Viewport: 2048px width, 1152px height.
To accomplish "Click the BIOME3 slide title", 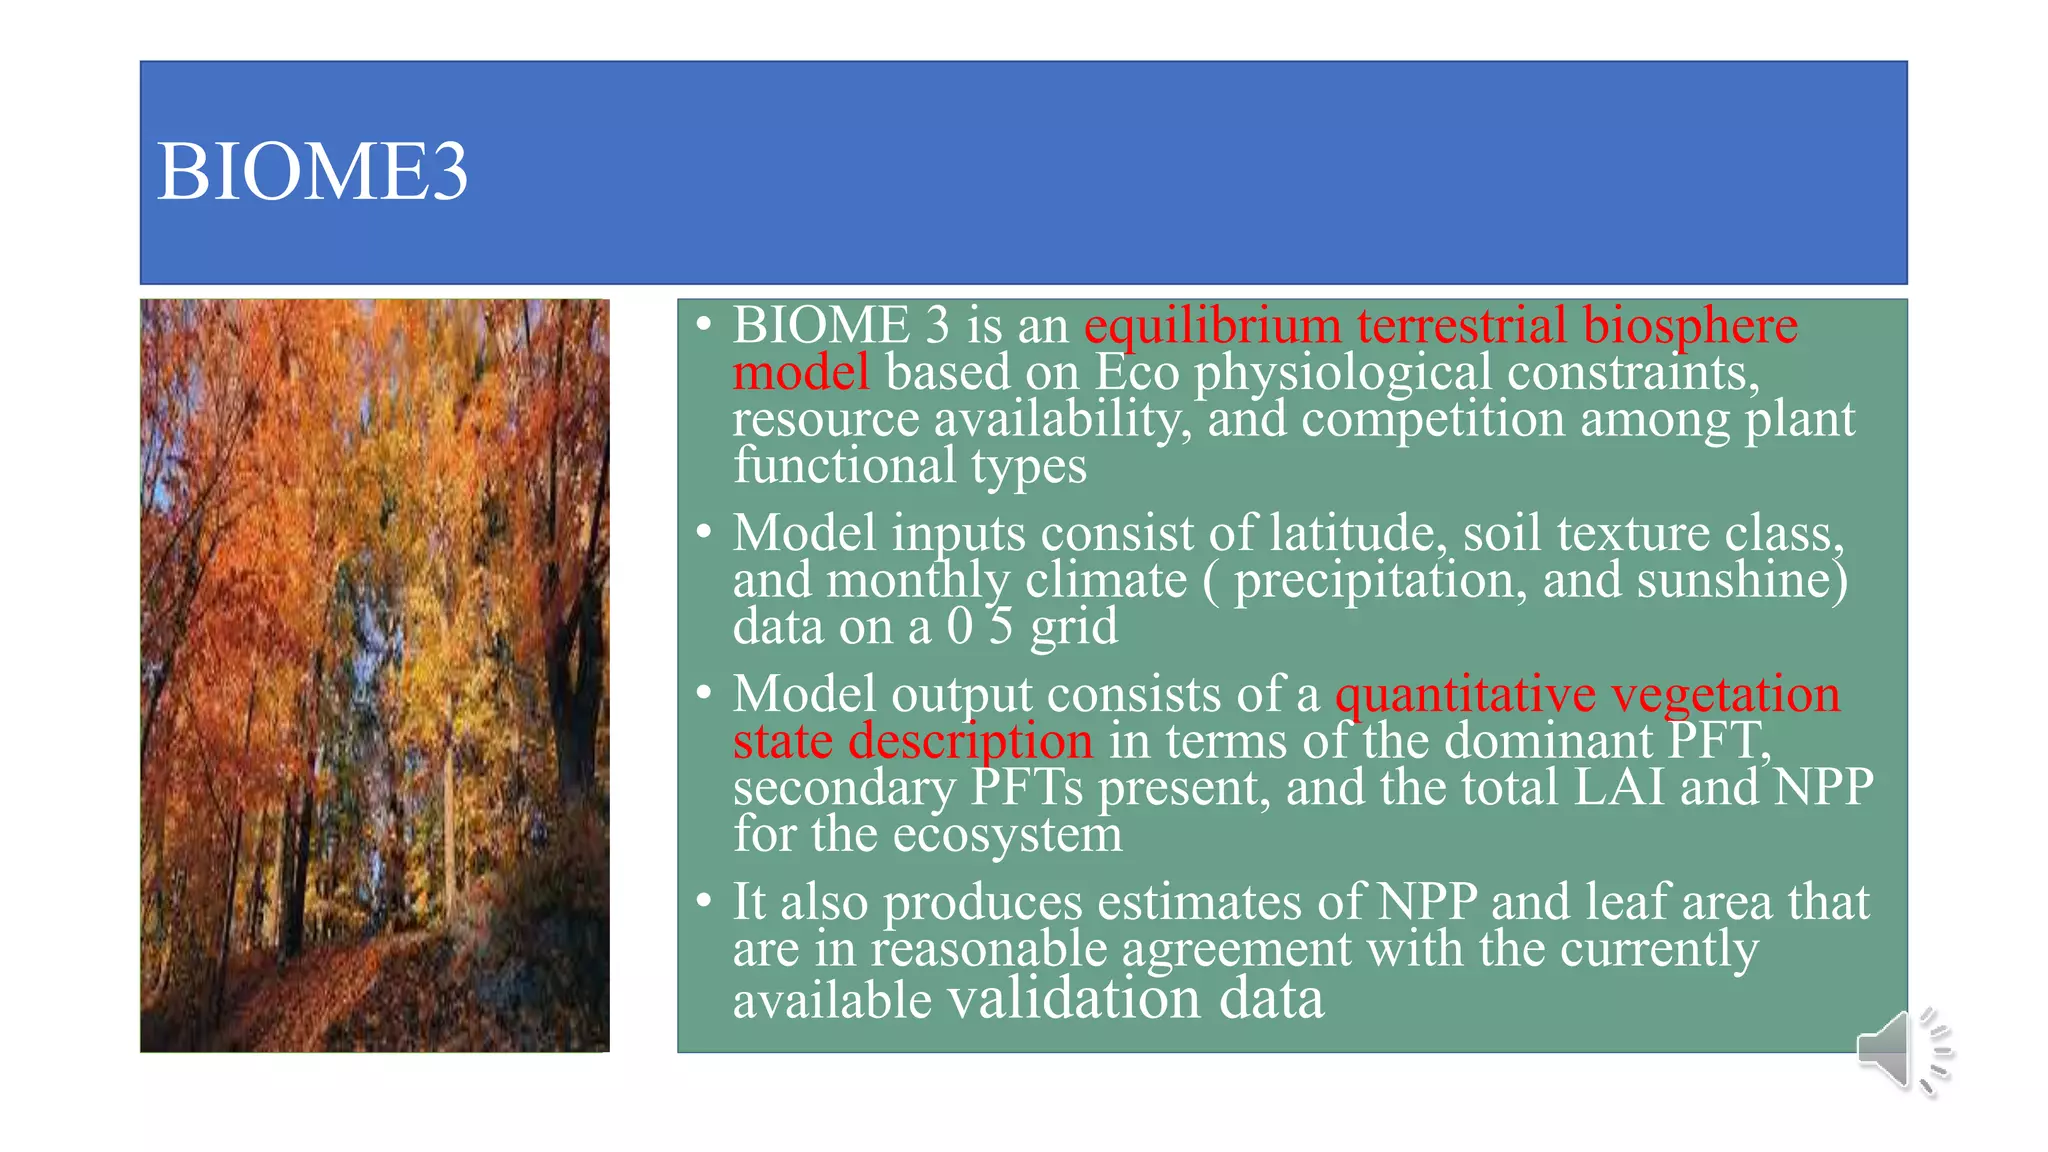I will tap(312, 172).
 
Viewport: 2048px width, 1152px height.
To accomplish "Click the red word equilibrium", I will tap(1212, 326).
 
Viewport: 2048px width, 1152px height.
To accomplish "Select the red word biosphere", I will tap(1690, 326).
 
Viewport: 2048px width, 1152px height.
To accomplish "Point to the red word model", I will tap(801, 373).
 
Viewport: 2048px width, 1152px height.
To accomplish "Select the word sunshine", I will tap(1741, 580).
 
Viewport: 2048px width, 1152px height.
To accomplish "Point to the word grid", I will tap(1074, 627).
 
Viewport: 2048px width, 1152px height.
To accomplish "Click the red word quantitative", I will tap(1465, 694).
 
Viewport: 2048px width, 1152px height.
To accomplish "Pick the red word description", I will tap(970, 741).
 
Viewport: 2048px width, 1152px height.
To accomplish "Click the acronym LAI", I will tap(1619, 787).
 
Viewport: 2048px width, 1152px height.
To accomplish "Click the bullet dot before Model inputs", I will tap(704, 532).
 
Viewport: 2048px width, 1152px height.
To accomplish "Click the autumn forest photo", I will tap(375, 675).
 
